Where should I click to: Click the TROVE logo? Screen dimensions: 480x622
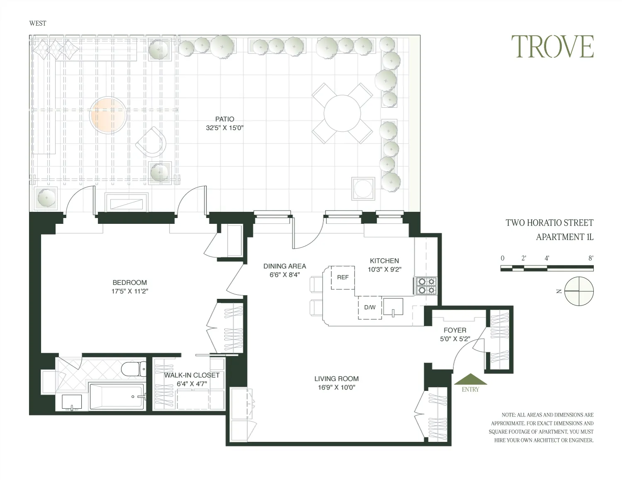coord(552,46)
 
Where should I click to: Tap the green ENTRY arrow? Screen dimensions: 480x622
coord(471,380)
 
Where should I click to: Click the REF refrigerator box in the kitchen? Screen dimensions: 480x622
coord(343,277)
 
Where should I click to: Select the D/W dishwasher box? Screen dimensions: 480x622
coord(370,308)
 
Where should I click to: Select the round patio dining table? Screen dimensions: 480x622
coord(342,113)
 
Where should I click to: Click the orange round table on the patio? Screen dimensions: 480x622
coord(108,115)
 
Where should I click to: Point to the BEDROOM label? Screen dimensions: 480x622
coord(130,283)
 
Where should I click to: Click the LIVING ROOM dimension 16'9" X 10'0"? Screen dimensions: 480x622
coord(336,388)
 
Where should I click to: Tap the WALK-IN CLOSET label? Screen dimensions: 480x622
coord(192,375)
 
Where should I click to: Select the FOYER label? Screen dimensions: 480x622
coord(455,330)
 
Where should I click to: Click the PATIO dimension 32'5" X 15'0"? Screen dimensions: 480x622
coord(224,128)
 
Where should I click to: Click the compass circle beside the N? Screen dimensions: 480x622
coord(579,291)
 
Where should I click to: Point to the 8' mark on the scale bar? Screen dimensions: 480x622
coord(590,258)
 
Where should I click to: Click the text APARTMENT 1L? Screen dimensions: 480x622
coord(564,237)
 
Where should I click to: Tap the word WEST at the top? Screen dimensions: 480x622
coord(38,23)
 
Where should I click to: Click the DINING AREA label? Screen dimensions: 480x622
coord(284,266)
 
